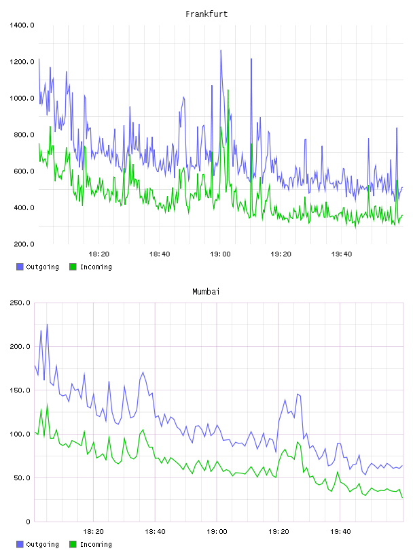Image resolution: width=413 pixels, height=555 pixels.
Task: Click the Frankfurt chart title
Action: [206, 14]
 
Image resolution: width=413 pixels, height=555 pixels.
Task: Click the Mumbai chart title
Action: [206, 292]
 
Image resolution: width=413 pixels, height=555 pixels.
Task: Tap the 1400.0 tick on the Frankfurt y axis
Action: [22, 25]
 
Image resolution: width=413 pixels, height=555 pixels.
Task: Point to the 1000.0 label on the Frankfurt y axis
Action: [22, 98]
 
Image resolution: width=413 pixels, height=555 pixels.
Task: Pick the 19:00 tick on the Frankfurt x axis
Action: [220, 254]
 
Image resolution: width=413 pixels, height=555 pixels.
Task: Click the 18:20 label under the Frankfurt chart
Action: [99, 254]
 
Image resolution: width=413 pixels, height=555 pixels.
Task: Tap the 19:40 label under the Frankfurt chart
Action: [342, 254]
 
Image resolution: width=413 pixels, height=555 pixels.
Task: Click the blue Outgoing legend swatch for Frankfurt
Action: [20, 267]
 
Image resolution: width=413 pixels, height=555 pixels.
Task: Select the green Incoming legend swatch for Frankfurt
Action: [73, 267]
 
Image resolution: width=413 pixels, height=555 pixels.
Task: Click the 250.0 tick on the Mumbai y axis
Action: [20, 303]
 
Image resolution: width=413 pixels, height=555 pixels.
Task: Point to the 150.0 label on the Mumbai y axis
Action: [20, 390]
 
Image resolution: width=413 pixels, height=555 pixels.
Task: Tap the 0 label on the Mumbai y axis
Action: [29, 522]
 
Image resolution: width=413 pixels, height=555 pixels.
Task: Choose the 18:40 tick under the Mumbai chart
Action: [156, 532]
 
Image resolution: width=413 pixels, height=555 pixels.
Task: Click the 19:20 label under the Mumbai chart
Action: [279, 532]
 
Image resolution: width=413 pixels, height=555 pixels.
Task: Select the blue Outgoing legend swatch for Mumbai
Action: [20, 544]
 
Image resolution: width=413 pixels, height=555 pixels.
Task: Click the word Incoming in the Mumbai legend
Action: [96, 544]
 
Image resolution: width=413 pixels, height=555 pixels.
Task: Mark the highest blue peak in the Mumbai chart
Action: [47, 324]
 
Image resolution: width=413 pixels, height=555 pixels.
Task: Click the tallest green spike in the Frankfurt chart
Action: [228, 90]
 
